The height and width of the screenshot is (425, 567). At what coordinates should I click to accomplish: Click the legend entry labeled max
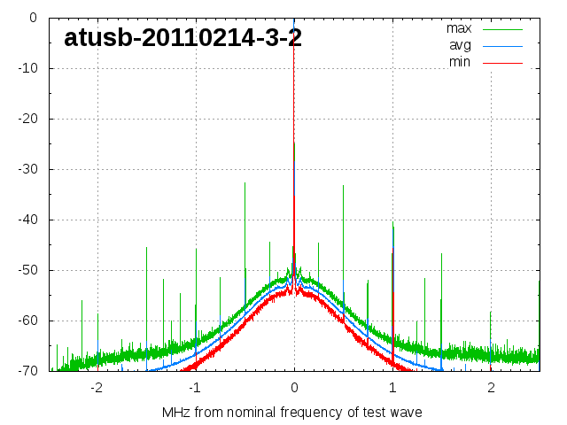[459, 28]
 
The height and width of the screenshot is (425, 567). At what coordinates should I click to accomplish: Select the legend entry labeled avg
[460, 45]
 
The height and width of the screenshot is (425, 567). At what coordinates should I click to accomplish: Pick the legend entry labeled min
[460, 62]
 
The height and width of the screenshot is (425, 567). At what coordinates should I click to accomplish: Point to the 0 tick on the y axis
[32, 18]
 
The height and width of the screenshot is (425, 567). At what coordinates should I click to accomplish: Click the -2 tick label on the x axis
[96, 388]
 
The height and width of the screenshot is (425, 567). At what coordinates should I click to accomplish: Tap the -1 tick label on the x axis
[194, 388]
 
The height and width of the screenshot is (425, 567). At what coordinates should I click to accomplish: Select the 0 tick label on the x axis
[294, 388]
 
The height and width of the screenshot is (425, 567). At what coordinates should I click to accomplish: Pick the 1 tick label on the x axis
[392, 388]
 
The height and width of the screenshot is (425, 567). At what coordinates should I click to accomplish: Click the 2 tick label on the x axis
[491, 388]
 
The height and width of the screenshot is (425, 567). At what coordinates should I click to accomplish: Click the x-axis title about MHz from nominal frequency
[292, 413]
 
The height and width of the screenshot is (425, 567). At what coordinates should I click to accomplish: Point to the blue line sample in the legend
[503, 45]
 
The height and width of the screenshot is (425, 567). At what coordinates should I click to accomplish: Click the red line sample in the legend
[503, 62]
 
